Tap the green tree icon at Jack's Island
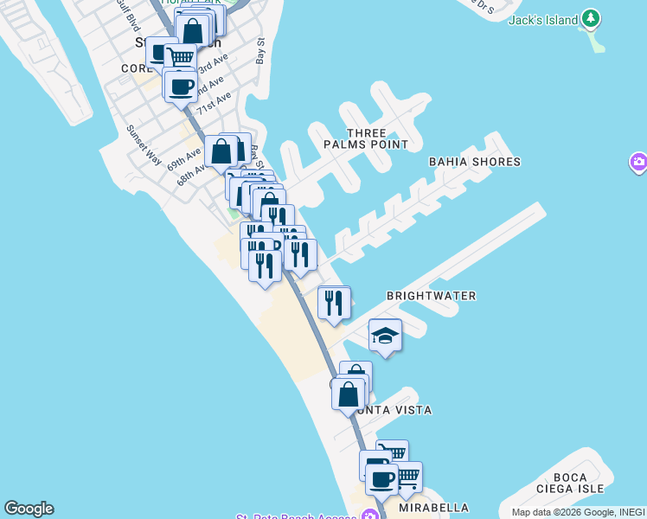pos(591,18)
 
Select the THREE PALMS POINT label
pos(377,138)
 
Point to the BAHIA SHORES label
pos(475,162)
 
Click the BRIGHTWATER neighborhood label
pos(431,296)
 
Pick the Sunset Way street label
pos(144,144)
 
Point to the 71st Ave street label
pos(214,103)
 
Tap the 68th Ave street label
pos(193,170)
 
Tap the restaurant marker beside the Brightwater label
pos(334,301)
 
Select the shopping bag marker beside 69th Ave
pos(222,151)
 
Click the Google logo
pos(29,509)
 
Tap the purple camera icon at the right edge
pos(639,162)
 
